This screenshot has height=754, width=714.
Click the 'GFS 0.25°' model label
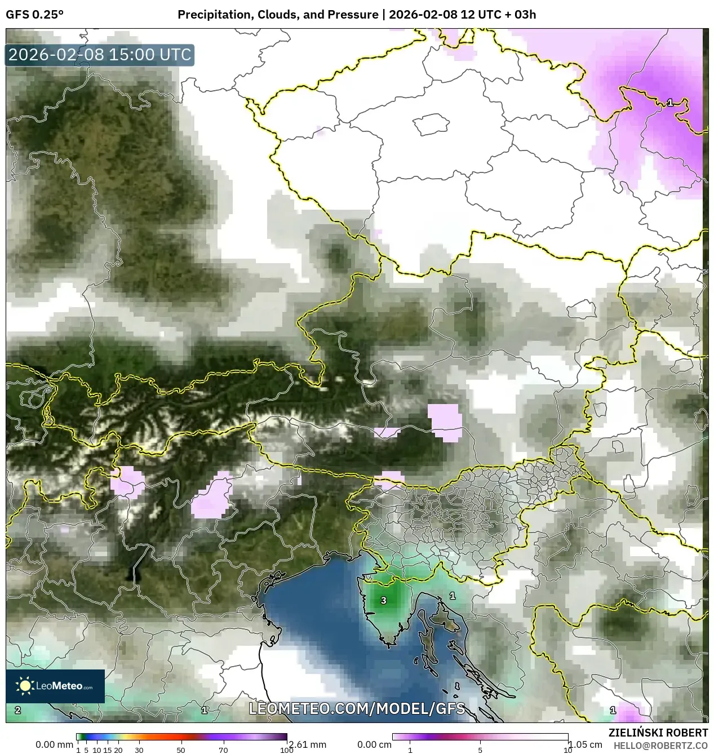(x=34, y=15)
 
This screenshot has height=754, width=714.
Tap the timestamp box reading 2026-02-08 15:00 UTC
(x=100, y=55)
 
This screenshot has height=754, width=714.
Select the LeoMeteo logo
(x=55, y=686)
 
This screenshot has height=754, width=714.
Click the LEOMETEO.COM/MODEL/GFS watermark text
(x=357, y=708)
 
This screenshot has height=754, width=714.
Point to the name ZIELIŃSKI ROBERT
(x=658, y=733)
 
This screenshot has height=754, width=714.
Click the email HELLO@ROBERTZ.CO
(x=660, y=746)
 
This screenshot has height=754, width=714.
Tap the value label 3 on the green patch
(x=384, y=601)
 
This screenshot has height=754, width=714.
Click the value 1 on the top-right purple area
(x=670, y=103)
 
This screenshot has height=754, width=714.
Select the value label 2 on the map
(x=18, y=710)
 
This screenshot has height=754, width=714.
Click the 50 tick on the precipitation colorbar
(x=181, y=750)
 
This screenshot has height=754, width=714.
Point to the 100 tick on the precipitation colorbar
(x=287, y=750)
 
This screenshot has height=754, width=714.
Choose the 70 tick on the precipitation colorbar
(x=223, y=750)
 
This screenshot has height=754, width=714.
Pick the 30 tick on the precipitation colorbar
(x=139, y=750)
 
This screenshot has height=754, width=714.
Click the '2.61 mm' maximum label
(x=307, y=744)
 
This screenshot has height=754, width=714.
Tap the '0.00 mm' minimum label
(x=54, y=744)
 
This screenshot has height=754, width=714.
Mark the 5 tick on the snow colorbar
(x=480, y=750)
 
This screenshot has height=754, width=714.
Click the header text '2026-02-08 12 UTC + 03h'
(x=462, y=15)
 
